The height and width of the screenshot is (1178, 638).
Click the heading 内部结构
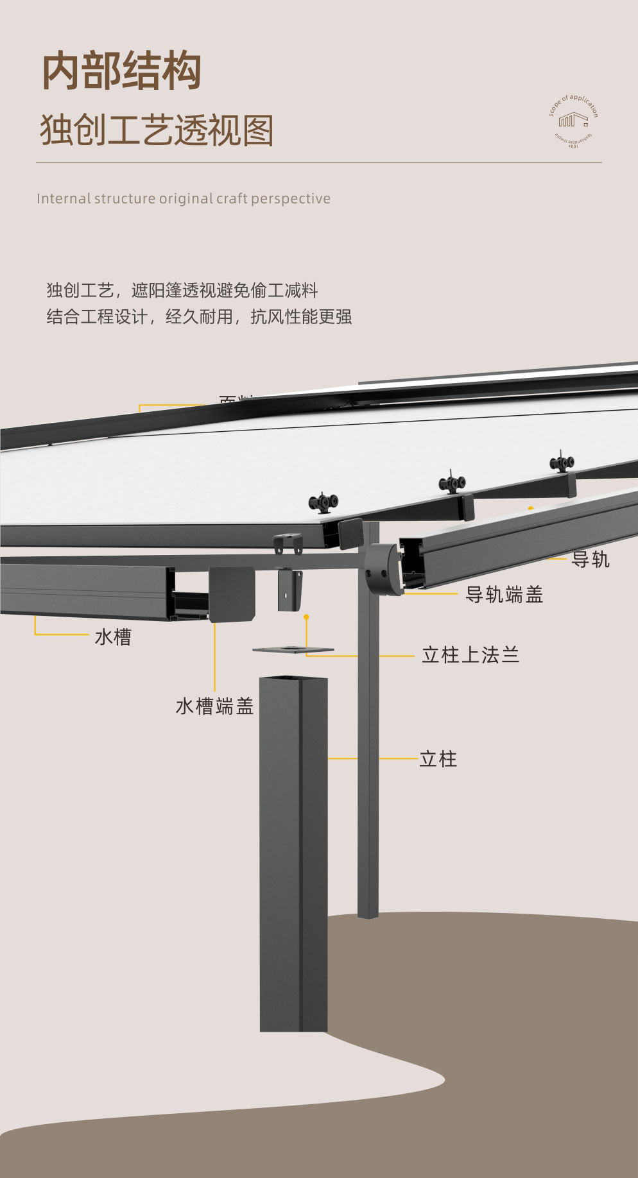click(122, 71)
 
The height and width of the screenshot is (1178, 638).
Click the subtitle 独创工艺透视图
click(157, 130)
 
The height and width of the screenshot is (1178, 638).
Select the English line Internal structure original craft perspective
click(184, 199)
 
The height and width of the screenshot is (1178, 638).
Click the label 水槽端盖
click(214, 706)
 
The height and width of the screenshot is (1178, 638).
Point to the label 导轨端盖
click(504, 595)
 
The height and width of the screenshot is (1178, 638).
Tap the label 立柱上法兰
click(470, 655)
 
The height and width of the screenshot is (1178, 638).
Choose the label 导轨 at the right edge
click(590, 559)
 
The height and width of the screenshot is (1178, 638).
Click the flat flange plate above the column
click(293, 650)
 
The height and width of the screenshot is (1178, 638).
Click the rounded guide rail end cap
click(383, 569)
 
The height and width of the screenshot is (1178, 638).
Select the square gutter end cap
click(232, 594)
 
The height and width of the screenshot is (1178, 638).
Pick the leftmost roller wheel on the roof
click(323, 502)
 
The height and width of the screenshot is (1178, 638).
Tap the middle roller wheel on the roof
click(452, 482)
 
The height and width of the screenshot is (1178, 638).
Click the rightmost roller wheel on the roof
click(562, 462)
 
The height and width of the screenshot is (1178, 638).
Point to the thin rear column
click(368, 770)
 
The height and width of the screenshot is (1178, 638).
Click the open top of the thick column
click(293, 679)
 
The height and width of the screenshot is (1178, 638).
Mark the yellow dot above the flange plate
click(306, 617)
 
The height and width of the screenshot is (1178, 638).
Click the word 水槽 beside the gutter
click(113, 637)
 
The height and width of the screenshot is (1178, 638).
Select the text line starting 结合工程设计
click(199, 317)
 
